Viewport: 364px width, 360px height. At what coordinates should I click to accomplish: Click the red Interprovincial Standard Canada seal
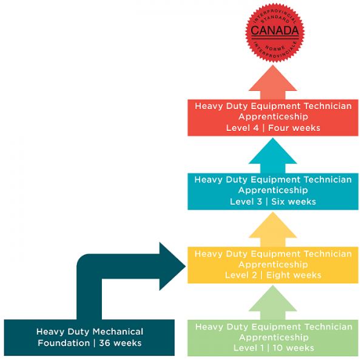point(275,30)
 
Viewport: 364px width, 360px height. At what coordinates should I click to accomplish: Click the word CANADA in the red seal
point(275,30)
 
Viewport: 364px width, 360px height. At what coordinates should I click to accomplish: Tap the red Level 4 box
point(273,117)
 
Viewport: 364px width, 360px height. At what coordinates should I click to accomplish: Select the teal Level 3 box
point(273,191)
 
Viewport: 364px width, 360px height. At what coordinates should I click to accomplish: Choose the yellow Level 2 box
point(273,264)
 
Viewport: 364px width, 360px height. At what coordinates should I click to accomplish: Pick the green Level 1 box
point(273,338)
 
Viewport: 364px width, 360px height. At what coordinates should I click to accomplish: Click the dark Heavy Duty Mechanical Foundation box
point(89,338)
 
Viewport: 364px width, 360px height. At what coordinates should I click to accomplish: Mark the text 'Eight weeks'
point(297,275)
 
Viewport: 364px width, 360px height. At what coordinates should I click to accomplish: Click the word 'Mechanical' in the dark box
point(121,332)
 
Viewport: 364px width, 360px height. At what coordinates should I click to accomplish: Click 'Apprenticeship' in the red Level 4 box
point(273,117)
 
